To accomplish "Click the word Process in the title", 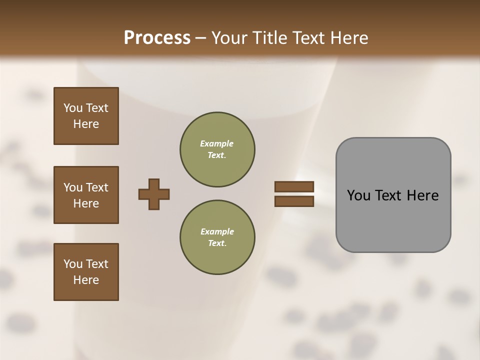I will [x=157, y=38].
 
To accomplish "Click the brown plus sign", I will [x=154, y=194].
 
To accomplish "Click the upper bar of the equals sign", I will [x=294, y=186].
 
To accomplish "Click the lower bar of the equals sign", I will [x=294, y=201].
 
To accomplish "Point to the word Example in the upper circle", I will [x=217, y=143].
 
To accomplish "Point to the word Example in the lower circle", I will [x=217, y=231].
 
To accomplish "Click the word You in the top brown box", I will [x=72, y=108].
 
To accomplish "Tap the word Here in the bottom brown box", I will [x=86, y=280].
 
